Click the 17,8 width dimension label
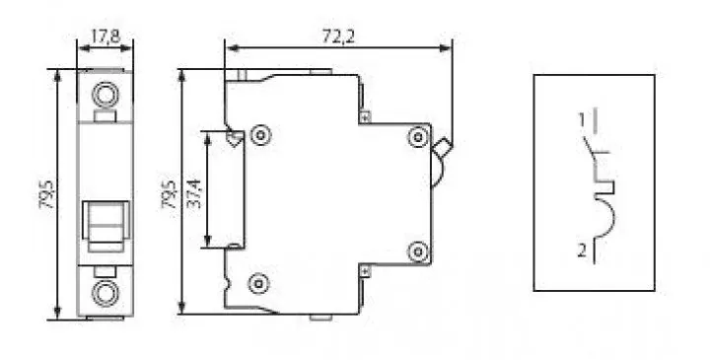tap(106, 36)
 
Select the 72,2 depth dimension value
tap(338, 36)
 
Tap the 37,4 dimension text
tap(194, 192)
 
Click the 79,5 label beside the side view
tap(169, 194)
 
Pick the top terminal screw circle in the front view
tap(106, 95)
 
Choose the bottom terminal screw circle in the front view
tap(106, 294)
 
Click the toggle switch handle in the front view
tap(106, 227)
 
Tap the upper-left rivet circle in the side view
tap(260, 135)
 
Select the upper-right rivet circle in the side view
tap(418, 137)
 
